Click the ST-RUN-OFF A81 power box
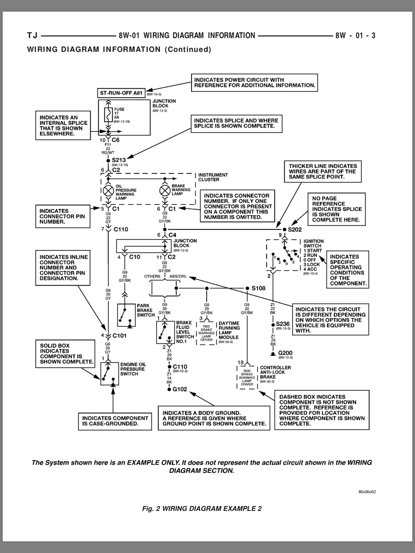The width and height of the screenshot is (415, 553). (121, 93)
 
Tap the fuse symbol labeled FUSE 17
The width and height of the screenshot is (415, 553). (108, 115)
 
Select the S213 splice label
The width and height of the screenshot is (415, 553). (119, 160)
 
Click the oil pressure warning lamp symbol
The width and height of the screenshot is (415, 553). (108, 191)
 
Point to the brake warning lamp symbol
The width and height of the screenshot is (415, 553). (165, 191)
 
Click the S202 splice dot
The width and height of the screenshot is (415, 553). (285, 229)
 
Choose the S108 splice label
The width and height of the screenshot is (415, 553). (259, 288)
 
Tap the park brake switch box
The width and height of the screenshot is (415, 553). (127, 315)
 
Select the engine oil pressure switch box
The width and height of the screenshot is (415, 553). (110, 374)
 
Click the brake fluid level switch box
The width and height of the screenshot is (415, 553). (166, 332)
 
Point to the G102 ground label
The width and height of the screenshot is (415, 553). (180, 389)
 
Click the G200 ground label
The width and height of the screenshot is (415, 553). (285, 353)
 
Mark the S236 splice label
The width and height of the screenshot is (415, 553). (283, 324)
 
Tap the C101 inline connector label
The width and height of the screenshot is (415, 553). (119, 336)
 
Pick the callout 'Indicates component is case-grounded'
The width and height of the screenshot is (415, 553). (115, 421)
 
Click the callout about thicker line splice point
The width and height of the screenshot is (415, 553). (323, 171)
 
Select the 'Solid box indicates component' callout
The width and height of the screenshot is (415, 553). (65, 354)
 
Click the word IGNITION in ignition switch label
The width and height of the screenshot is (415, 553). (313, 241)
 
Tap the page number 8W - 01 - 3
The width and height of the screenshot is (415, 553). (355, 36)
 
